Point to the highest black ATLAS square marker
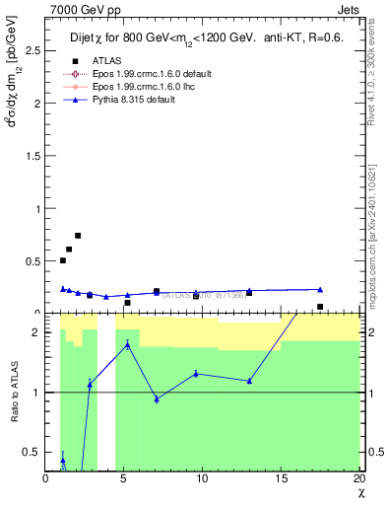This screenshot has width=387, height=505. pos(78,236)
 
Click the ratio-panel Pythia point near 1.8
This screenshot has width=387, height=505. pos(127,344)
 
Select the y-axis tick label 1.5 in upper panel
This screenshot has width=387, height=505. pos(35,156)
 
